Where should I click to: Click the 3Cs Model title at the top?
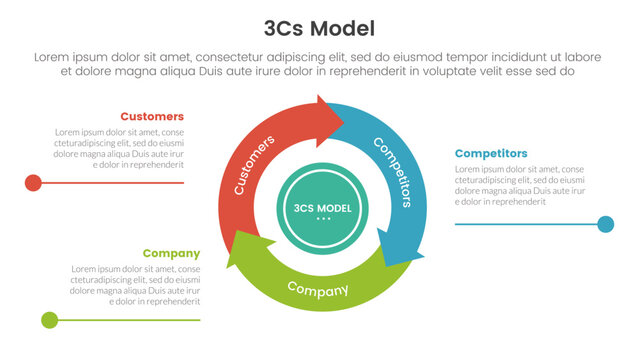click(319, 28)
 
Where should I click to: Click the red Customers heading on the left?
click(152, 116)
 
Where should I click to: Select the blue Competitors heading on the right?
click(491, 153)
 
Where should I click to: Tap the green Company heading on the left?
click(171, 253)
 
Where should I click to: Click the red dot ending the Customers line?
click(33, 182)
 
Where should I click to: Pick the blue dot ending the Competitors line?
click(605, 224)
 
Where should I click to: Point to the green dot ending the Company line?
click(49, 320)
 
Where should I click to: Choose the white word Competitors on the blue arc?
click(392, 171)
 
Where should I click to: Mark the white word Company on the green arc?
click(318, 289)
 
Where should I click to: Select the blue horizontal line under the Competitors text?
click(525, 224)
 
